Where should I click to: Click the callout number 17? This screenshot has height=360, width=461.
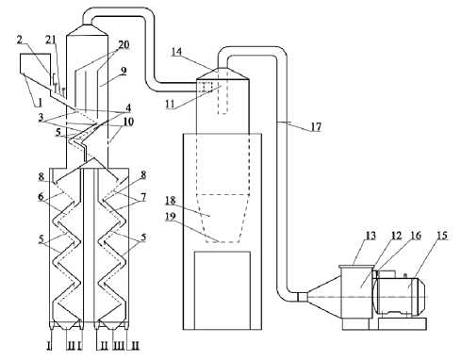[316, 127]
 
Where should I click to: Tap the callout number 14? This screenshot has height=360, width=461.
[176, 52]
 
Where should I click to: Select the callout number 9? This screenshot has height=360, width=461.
[123, 71]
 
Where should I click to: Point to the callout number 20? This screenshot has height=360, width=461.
[123, 45]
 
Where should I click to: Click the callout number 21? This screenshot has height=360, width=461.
[50, 40]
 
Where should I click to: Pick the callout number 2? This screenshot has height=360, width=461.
[20, 40]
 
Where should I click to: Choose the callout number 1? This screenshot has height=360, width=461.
[40, 102]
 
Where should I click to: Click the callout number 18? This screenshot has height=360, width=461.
[171, 201]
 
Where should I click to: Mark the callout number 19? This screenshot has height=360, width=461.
[171, 218]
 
